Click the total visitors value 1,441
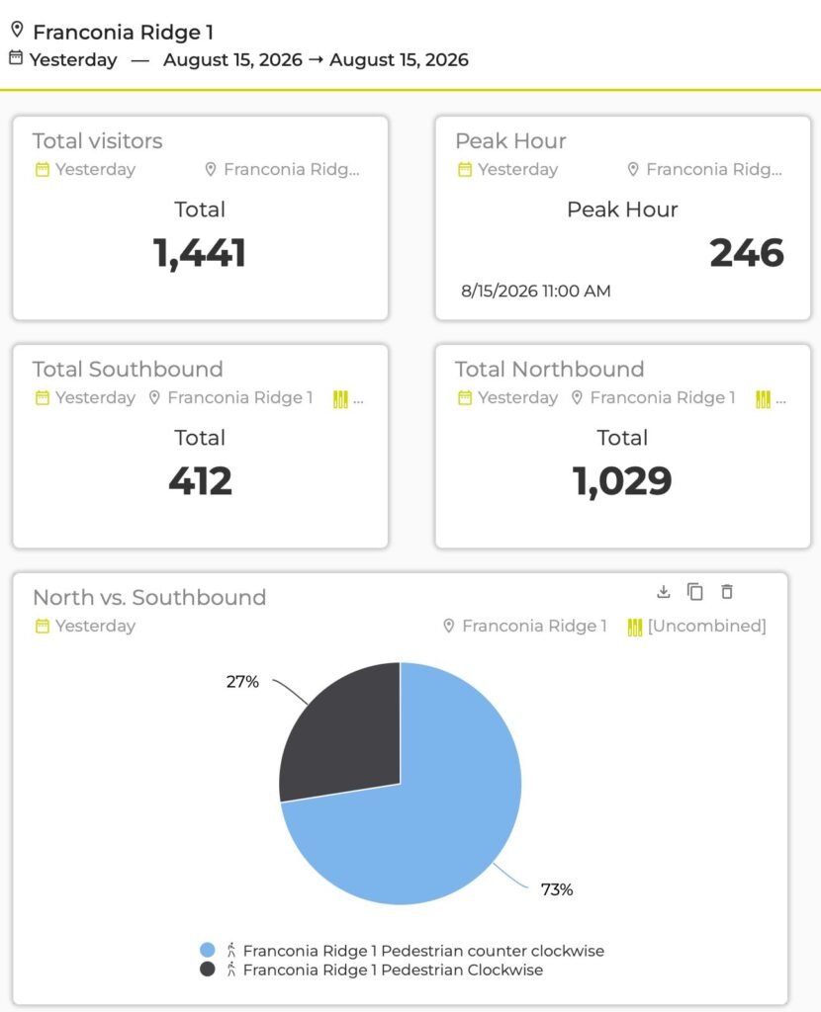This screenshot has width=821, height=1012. pyautogui.click(x=200, y=253)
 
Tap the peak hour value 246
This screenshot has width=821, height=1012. pyautogui.click(x=747, y=253)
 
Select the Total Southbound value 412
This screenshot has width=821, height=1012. pyautogui.click(x=200, y=481)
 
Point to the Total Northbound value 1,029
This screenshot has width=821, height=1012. pyautogui.click(x=622, y=481)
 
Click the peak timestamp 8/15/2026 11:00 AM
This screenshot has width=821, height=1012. pyautogui.click(x=535, y=292)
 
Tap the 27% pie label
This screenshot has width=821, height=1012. pyautogui.click(x=242, y=682)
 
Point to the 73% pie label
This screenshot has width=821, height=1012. pyautogui.click(x=557, y=889)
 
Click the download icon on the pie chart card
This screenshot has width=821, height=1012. pyautogui.click(x=664, y=591)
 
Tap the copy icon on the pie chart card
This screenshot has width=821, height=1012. pyautogui.click(x=695, y=591)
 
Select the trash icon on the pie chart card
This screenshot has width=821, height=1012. pyautogui.click(x=727, y=591)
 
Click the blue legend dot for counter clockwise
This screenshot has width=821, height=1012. pyautogui.click(x=208, y=950)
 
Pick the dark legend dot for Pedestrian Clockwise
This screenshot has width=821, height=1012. pyautogui.click(x=208, y=969)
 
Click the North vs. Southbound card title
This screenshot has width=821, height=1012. pyautogui.click(x=149, y=597)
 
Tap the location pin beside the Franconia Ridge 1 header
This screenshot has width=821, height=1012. pyautogui.click(x=18, y=29)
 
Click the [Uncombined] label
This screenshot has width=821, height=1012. pyautogui.click(x=706, y=626)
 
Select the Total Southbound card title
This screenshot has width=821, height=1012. pyautogui.click(x=128, y=370)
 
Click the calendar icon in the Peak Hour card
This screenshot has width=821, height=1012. pyautogui.click(x=465, y=170)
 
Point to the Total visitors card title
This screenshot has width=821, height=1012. pyautogui.click(x=98, y=140)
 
